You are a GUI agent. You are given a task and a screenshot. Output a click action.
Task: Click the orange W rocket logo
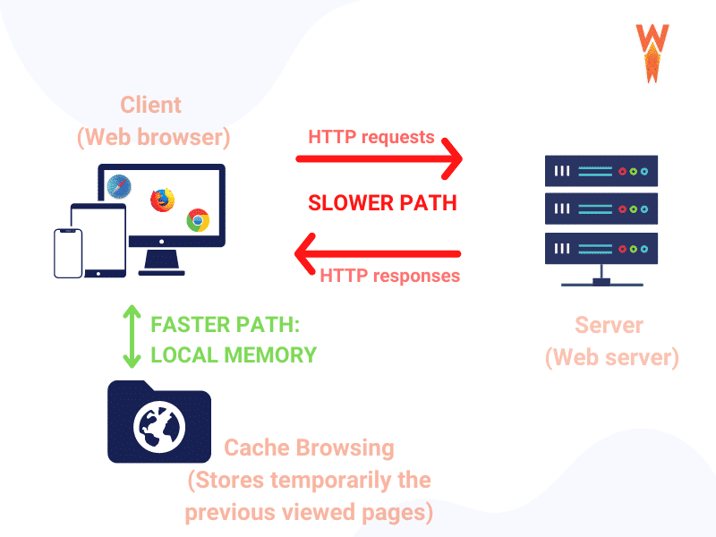(x=652, y=52)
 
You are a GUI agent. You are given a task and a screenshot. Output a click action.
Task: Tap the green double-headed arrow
(x=132, y=337)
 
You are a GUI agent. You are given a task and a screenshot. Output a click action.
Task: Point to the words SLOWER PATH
(x=382, y=203)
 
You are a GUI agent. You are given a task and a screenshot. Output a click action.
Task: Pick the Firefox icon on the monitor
(x=162, y=200)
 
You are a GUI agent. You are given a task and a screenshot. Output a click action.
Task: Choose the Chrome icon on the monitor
(x=198, y=218)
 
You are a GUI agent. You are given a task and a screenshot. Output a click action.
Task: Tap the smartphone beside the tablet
(x=68, y=253)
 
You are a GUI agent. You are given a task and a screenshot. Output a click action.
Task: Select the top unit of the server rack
(x=601, y=170)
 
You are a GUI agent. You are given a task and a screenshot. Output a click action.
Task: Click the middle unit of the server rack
(x=601, y=209)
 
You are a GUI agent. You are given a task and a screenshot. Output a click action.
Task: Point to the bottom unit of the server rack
(x=601, y=248)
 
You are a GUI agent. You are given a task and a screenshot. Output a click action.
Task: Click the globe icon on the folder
(x=158, y=428)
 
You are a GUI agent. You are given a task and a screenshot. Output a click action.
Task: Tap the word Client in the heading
(x=151, y=105)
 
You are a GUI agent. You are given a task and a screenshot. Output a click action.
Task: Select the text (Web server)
(x=611, y=357)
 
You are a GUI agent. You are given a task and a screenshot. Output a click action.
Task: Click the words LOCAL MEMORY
(x=234, y=354)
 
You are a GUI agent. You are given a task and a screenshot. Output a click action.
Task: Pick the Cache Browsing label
(x=308, y=447)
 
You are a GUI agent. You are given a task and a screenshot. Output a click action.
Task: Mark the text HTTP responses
(x=389, y=275)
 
